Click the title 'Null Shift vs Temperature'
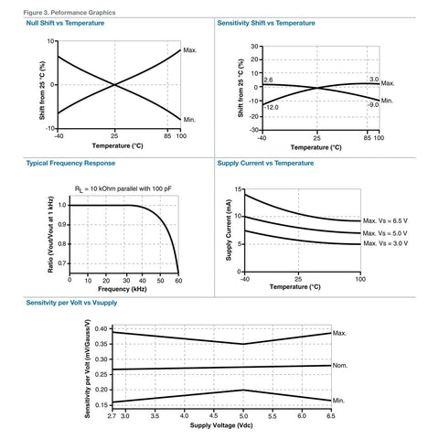[x=65, y=23]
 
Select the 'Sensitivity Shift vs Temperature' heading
[x=272, y=23]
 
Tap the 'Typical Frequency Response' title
[x=70, y=163]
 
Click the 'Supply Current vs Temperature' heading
[x=265, y=163]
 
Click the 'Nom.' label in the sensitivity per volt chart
[x=340, y=366]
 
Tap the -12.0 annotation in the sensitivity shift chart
[x=271, y=107]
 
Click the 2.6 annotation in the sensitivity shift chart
[x=268, y=80]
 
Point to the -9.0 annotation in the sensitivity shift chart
[x=373, y=105]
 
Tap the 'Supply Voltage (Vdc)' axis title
[x=221, y=425]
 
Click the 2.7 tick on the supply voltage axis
[x=112, y=416]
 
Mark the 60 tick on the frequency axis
[x=178, y=279]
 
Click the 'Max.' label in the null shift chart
[x=189, y=49]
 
